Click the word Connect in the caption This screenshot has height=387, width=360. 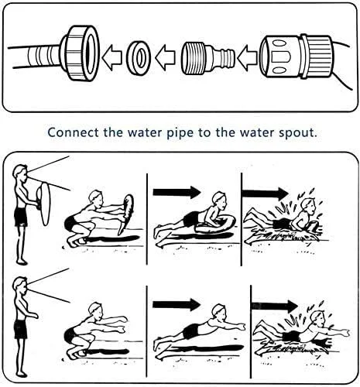tap(74, 132)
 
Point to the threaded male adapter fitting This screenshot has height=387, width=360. tap(207, 58)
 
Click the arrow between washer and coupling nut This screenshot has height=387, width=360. tap(112, 58)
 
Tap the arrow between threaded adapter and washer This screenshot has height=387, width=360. tap(165, 57)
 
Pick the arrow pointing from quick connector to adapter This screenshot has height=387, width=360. tap(247, 58)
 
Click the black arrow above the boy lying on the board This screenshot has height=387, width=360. tap(177, 192)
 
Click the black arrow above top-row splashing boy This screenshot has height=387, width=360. tap(265, 193)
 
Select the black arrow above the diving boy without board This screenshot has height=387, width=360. tap(177, 305)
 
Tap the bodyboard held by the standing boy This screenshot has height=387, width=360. tap(44, 204)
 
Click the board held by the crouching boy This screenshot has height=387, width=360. tap(126, 214)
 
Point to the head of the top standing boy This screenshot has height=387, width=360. tap(20, 173)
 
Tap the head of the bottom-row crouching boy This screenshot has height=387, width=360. tap(95, 311)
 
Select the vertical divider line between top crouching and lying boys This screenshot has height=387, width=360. tap(147, 219)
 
